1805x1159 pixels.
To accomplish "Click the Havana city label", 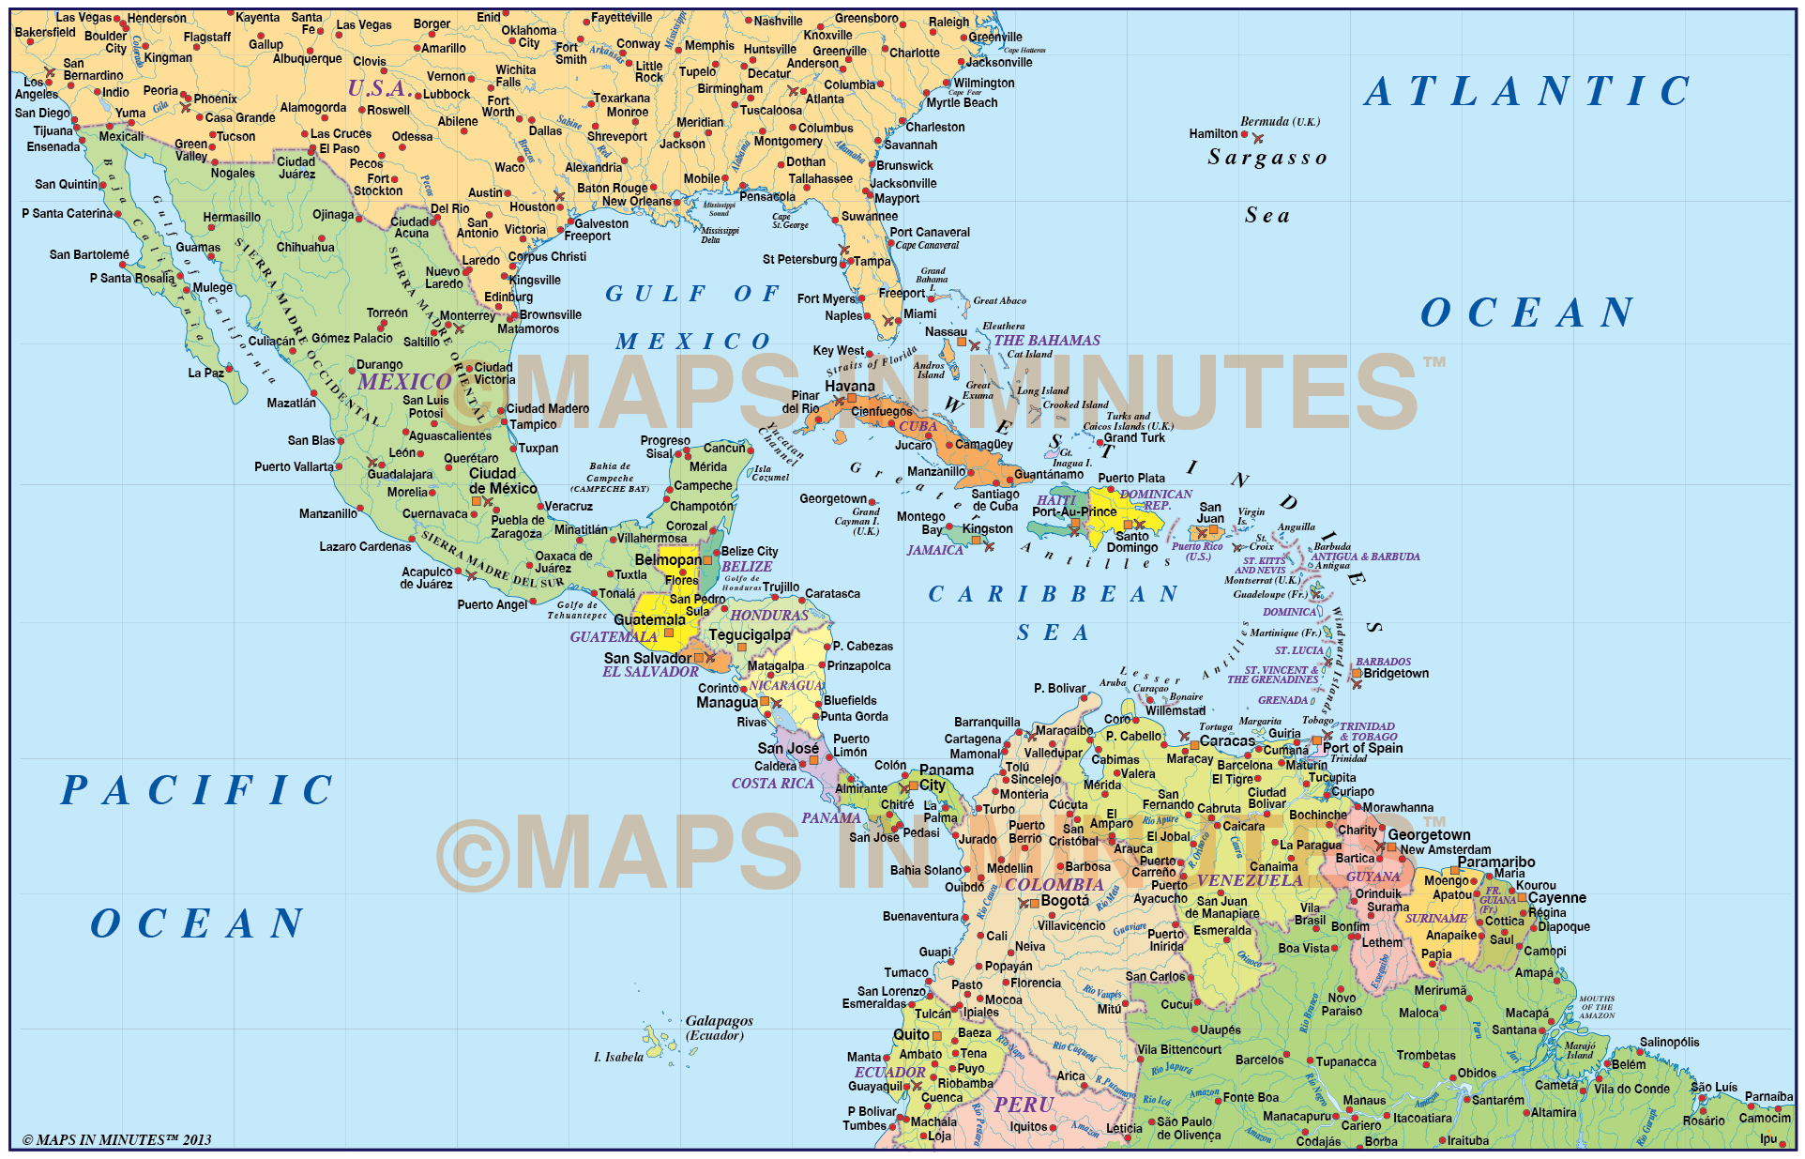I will pos(849,386).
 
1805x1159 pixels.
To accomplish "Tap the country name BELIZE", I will pos(747,567).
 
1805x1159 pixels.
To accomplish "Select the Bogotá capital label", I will pos(1065,901).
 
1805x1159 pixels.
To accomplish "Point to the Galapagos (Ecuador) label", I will pos(719,1027).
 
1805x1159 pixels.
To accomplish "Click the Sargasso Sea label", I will pos(1267,185).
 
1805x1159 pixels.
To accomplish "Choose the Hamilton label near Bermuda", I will pos(1213,134).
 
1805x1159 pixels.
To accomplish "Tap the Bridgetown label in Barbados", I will pos(1396,674).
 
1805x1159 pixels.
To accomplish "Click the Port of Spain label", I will pos(1362,748).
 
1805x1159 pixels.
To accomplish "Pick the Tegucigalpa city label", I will pos(750,635).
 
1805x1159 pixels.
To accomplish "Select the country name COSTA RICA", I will pos(772,784).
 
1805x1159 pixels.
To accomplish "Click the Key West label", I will pos(838,351).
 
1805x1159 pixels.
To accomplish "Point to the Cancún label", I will pos(724,449).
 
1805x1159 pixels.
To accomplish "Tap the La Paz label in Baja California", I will pos(205,373).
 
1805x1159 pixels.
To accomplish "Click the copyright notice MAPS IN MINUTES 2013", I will pos(116,1140).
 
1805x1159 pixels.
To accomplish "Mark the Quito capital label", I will pos(910,1034).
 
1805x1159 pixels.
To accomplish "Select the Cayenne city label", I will pos(1556,898).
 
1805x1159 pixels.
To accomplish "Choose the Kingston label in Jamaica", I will pos(987,529).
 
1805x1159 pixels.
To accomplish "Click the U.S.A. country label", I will pos(377,88).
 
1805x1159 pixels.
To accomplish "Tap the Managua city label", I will pos(726,703).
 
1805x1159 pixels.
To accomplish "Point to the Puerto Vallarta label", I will pos(294,466).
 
